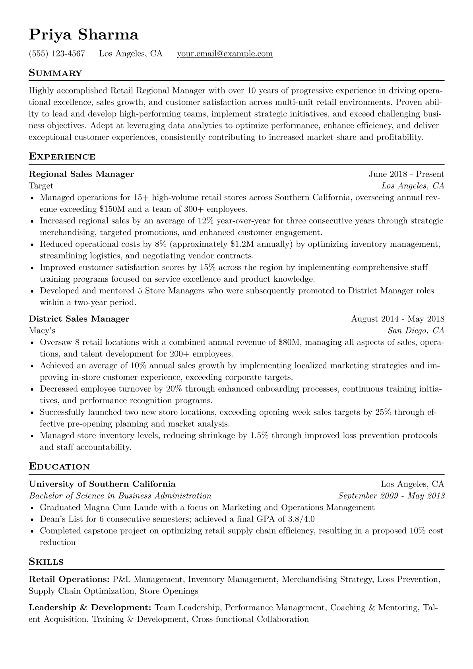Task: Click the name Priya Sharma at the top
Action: (x=83, y=35)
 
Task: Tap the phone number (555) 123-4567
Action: (x=57, y=54)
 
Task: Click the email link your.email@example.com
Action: (x=225, y=54)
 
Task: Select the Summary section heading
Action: (x=55, y=73)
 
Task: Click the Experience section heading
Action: (x=62, y=157)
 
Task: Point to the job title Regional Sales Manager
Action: (x=81, y=174)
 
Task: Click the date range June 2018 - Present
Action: (x=406, y=174)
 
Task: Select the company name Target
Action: (x=41, y=186)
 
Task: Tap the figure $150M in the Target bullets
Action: (x=113, y=209)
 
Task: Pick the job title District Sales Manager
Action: (x=79, y=319)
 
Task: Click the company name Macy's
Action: (x=42, y=330)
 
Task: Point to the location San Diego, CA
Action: (x=416, y=330)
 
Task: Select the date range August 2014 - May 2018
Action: (x=397, y=319)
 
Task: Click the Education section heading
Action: (x=59, y=467)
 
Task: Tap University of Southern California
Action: (x=102, y=484)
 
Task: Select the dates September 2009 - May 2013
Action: (x=391, y=496)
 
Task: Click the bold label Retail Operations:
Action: (x=69, y=580)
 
